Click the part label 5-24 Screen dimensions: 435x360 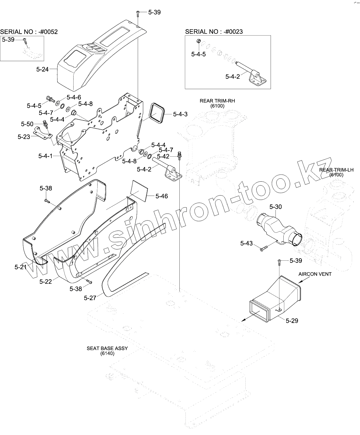(x=42, y=69)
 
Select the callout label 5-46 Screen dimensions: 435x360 (x=161, y=196)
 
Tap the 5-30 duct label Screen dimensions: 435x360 (x=275, y=207)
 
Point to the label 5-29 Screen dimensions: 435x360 (x=292, y=321)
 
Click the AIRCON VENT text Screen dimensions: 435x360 (x=315, y=274)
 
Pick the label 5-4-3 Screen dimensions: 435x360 (x=180, y=114)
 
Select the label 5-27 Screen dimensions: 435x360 (x=90, y=298)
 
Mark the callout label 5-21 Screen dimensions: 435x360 (x=21, y=267)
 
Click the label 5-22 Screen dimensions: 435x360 (x=45, y=282)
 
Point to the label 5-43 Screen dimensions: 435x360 (x=246, y=243)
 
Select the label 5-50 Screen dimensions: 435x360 (x=27, y=124)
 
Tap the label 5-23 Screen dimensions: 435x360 (x=24, y=137)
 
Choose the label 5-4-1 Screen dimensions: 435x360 (x=45, y=156)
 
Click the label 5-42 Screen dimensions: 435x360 (x=163, y=156)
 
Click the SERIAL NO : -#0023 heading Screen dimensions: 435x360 (x=214, y=32)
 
